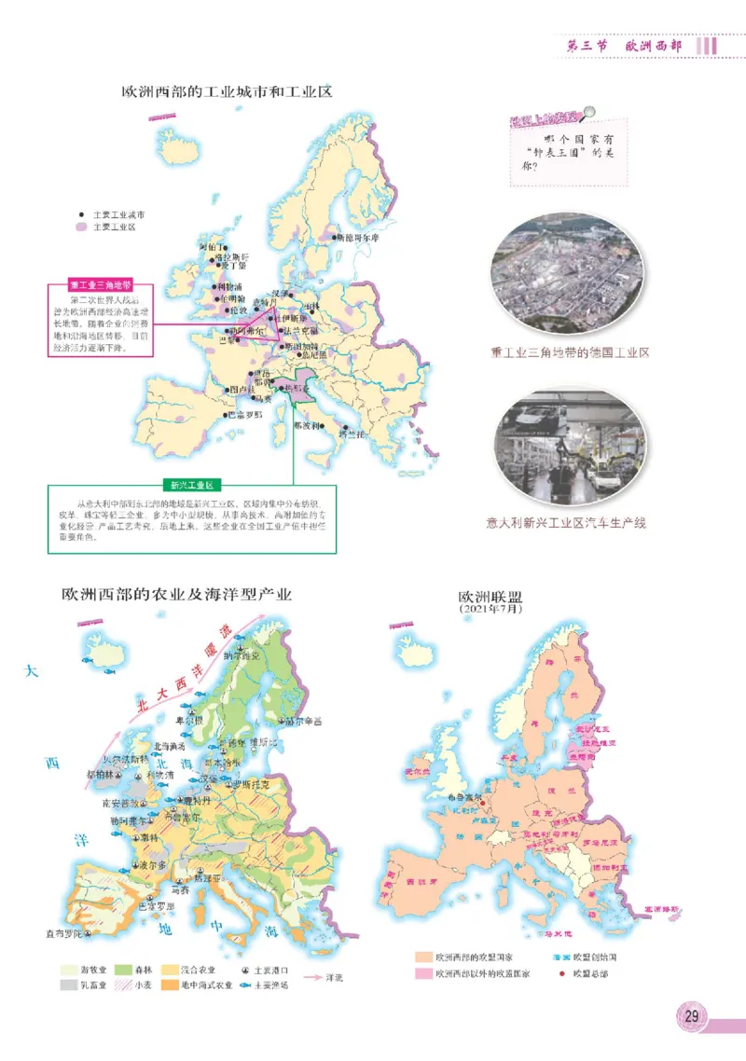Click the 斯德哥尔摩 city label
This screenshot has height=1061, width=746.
pos(358,238)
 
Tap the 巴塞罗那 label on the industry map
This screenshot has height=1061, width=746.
pos(245,414)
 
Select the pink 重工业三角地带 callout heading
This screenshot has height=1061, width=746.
pos(101,285)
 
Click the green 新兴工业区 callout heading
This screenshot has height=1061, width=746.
pos(192,485)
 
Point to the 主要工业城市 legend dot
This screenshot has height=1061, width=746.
pos(82,214)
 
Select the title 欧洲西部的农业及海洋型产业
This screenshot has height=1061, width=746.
pos(177,594)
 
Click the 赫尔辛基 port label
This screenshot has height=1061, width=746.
pos(305,721)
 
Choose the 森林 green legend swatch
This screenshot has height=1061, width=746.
pos(124,970)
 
